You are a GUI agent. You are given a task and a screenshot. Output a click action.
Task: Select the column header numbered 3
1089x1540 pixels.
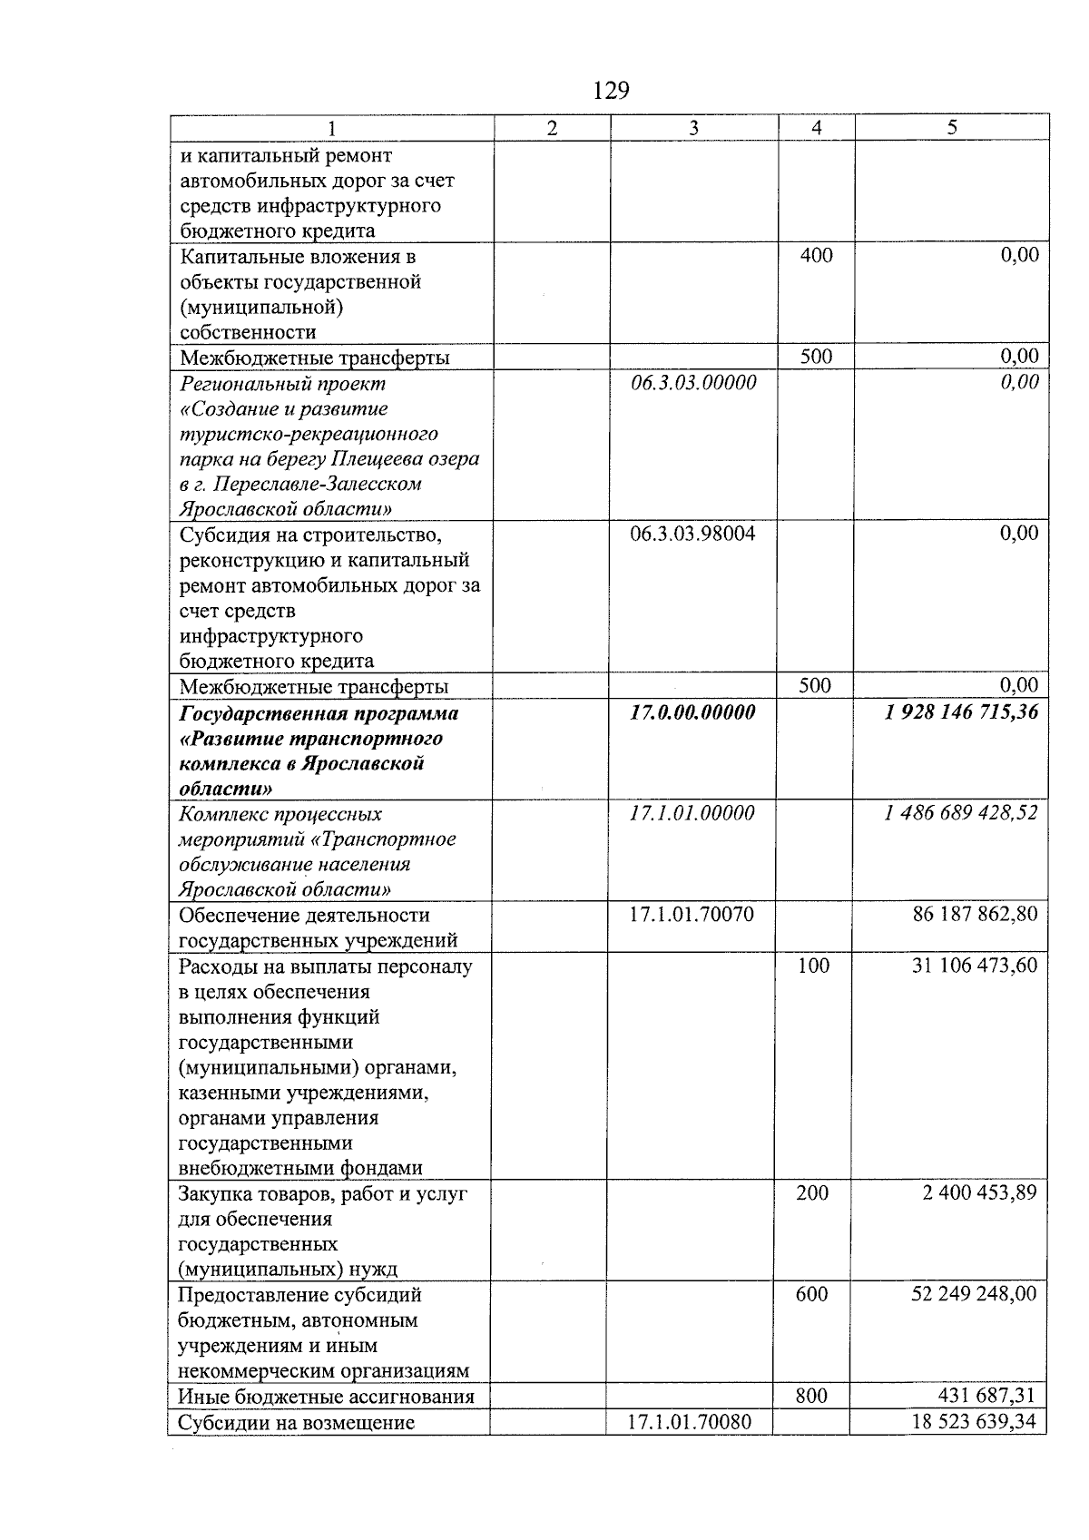[x=693, y=128]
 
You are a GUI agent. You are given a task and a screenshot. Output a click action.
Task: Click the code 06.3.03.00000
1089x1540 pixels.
[x=693, y=382]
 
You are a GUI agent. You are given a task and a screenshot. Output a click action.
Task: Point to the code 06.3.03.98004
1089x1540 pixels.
[x=692, y=534]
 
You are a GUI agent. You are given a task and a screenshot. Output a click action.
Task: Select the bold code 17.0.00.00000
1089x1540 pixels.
[x=692, y=712]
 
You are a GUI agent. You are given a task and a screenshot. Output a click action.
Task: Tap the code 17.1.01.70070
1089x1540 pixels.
[x=692, y=914]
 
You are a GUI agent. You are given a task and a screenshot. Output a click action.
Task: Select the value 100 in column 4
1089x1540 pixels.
[x=813, y=965]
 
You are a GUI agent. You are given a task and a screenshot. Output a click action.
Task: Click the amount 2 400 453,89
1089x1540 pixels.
[x=979, y=1192]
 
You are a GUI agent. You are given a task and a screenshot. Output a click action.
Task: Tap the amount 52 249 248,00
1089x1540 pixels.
[x=973, y=1293]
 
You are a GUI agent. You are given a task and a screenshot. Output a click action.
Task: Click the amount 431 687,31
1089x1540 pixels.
[x=986, y=1395]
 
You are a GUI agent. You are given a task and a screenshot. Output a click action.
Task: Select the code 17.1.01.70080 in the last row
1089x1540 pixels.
[x=690, y=1421]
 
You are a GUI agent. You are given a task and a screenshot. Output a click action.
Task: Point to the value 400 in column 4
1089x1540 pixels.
[x=816, y=255]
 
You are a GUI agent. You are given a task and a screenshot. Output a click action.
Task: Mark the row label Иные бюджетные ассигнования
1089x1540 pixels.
[x=327, y=1396]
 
